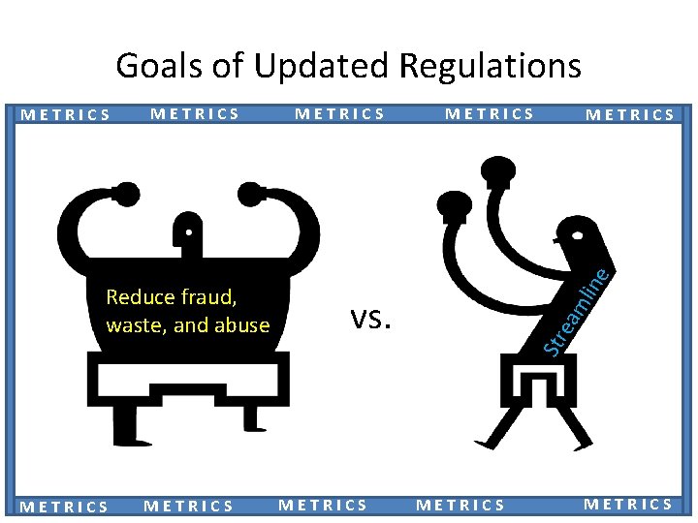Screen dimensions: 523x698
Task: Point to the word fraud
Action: tap(212, 296)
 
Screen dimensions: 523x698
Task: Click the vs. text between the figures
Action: tap(369, 317)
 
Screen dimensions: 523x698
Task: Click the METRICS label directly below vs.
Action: tap(323, 505)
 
